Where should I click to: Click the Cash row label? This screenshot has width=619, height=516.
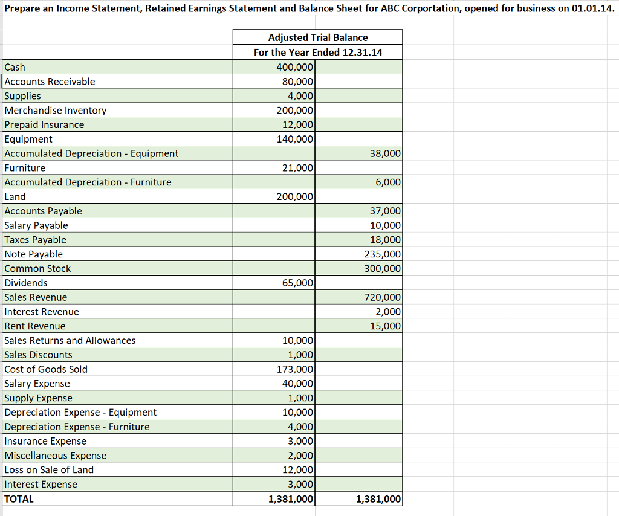[x=15, y=67]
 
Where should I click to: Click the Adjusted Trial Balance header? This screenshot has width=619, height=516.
[x=317, y=37]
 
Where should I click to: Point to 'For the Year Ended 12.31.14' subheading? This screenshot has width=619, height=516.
[x=317, y=52]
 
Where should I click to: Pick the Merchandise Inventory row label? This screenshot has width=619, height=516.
[x=55, y=110]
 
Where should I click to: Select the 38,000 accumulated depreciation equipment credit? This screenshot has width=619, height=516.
[x=384, y=153]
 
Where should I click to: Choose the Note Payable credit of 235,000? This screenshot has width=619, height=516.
[x=382, y=254]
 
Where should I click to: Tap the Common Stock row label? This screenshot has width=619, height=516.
[x=37, y=268]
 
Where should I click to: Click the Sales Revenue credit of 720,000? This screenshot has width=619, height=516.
[x=382, y=297]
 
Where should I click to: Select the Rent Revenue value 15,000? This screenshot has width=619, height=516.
[x=384, y=326]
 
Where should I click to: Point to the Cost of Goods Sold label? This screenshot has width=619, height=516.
[x=46, y=369]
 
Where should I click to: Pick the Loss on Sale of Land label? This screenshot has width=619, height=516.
[x=49, y=470]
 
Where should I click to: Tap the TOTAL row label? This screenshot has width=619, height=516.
[x=19, y=499]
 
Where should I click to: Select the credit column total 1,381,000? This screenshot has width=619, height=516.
[x=378, y=499]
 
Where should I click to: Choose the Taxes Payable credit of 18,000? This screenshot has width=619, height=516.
[x=384, y=240]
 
